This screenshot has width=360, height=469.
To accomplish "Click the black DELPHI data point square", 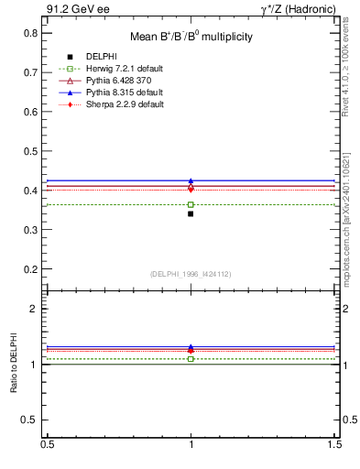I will [191, 213].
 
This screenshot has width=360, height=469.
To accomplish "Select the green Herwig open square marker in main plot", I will [191, 204].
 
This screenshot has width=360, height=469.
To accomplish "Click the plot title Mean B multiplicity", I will [191, 38].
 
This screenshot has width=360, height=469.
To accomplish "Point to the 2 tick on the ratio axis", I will [36, 309].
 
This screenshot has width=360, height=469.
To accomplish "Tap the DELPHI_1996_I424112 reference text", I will [191, 274].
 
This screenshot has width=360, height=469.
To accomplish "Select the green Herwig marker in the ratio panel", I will [191, 359].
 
